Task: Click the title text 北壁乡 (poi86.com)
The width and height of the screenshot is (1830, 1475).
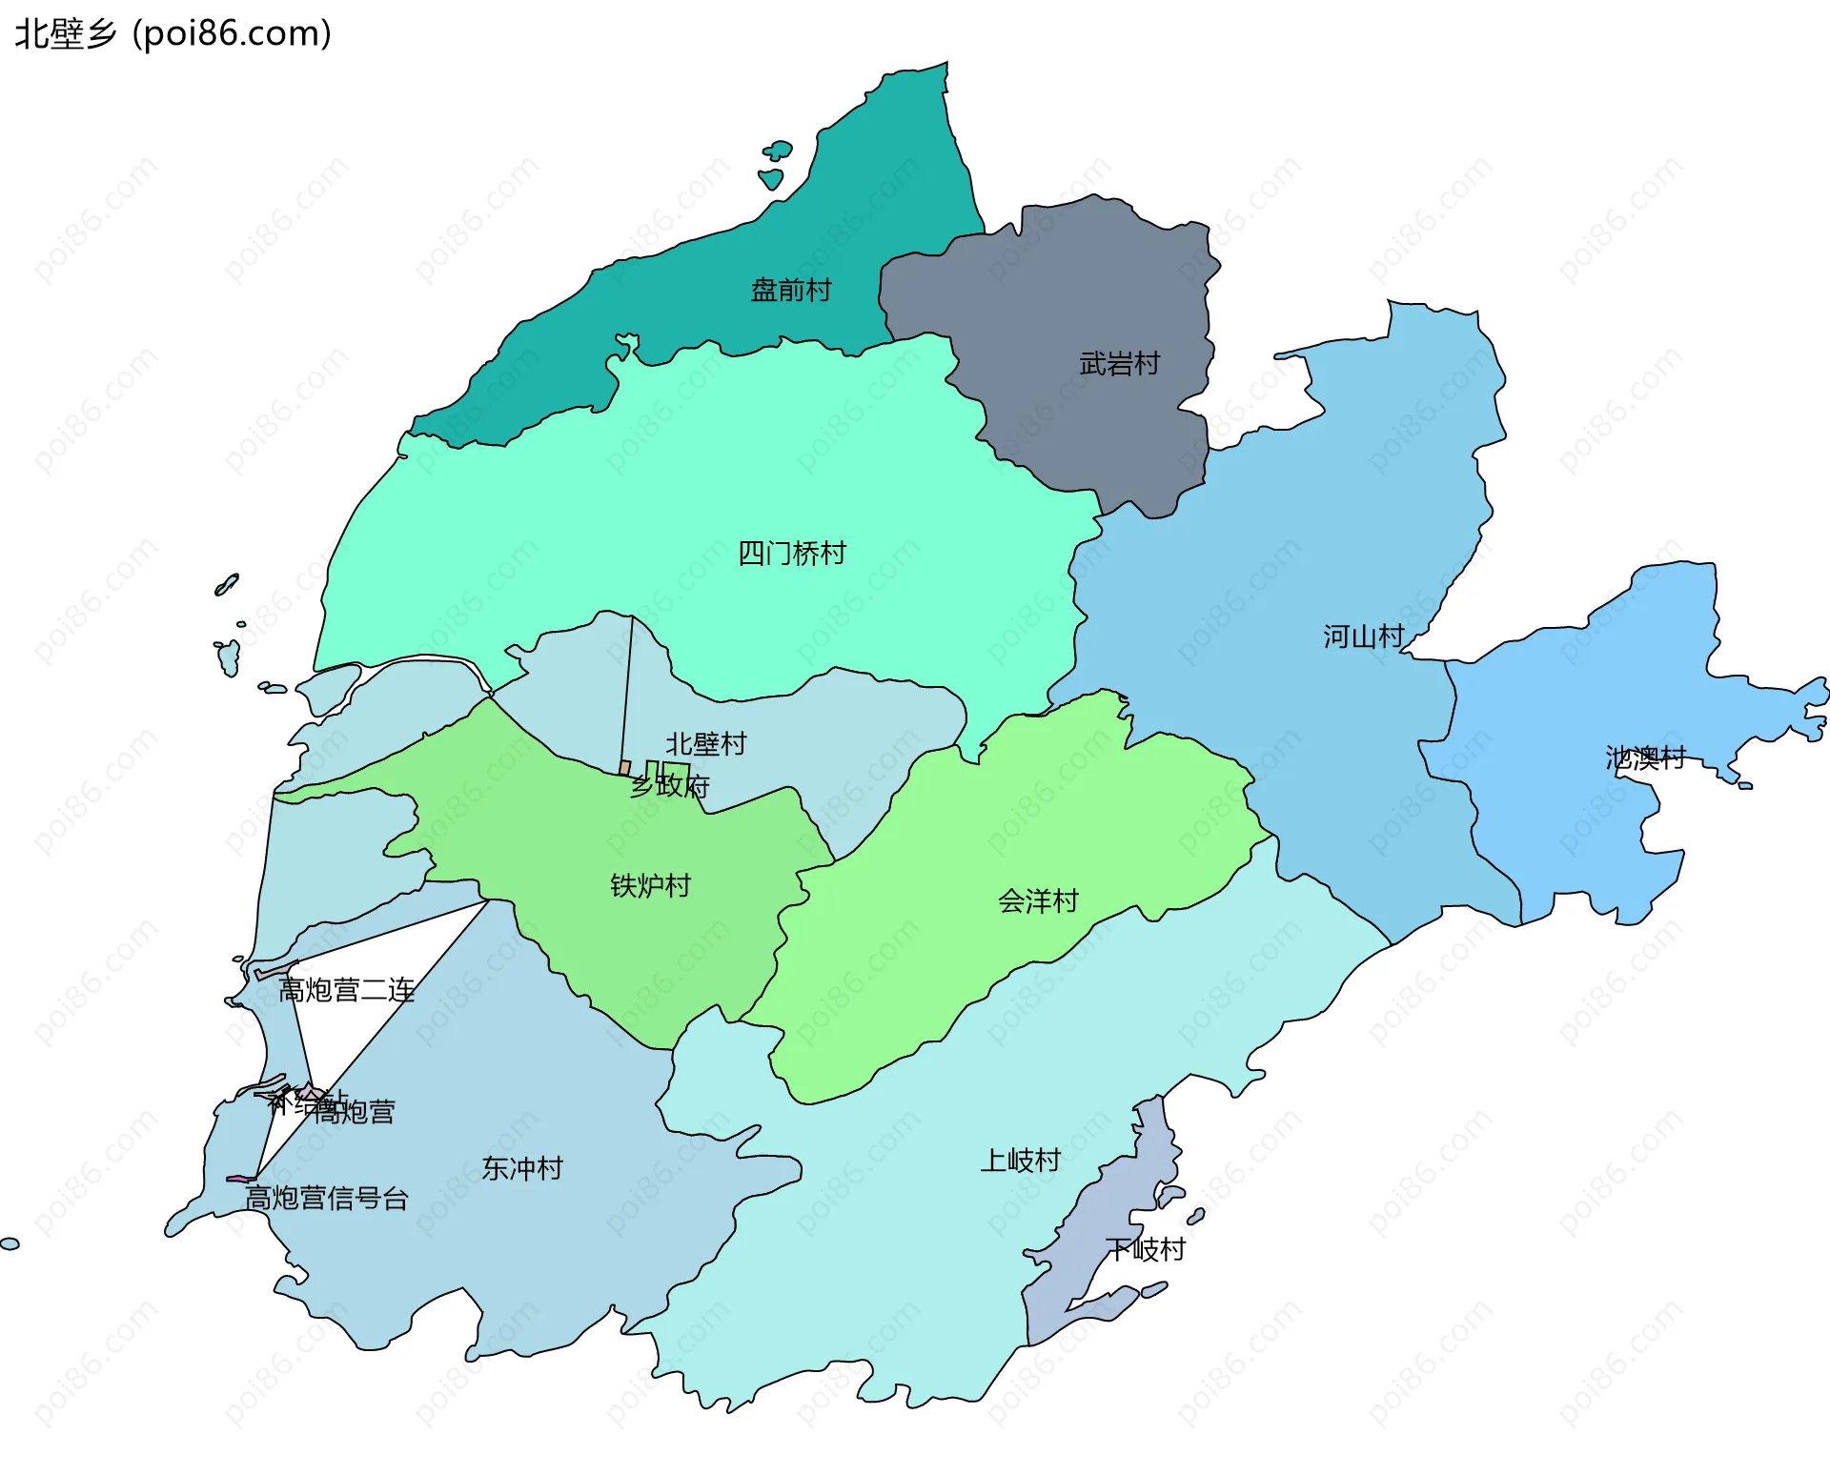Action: [x=173, y=33]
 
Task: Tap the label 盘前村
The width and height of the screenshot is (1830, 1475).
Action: [x=791, y=290]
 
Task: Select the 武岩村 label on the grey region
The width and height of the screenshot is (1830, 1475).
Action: [x=1119, y=364]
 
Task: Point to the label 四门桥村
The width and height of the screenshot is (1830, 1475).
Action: [x=791, y=553]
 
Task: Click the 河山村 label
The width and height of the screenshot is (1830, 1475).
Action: [x=1363, y=636]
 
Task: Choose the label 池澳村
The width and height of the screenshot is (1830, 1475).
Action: [x=1646, y=758]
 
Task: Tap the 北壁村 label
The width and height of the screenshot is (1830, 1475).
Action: [x=705, y=744]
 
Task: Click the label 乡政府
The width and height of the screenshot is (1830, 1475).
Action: [x=670, y=786]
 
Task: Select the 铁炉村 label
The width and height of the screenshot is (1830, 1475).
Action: [x=650, y=886]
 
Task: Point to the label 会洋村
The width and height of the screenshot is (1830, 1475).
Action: [x=1038, y=901]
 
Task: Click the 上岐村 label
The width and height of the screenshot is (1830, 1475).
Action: [x=1020, y=1161]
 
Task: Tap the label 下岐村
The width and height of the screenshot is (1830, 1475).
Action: [x=1146, y=1249]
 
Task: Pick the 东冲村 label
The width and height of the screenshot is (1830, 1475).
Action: [x=522, y=1168]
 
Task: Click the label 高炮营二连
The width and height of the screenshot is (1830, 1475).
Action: [x=346, y=991]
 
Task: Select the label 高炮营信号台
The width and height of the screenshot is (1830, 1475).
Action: [x=327, y=1199]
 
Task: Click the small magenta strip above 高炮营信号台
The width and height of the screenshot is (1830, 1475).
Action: [x=240, y=1179]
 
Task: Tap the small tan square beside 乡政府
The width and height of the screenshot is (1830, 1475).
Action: [x=624, y=767]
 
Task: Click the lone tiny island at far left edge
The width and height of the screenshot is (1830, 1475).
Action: [x=10, y=1243]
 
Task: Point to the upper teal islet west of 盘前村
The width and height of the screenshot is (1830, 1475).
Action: [x=779, y=150]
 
